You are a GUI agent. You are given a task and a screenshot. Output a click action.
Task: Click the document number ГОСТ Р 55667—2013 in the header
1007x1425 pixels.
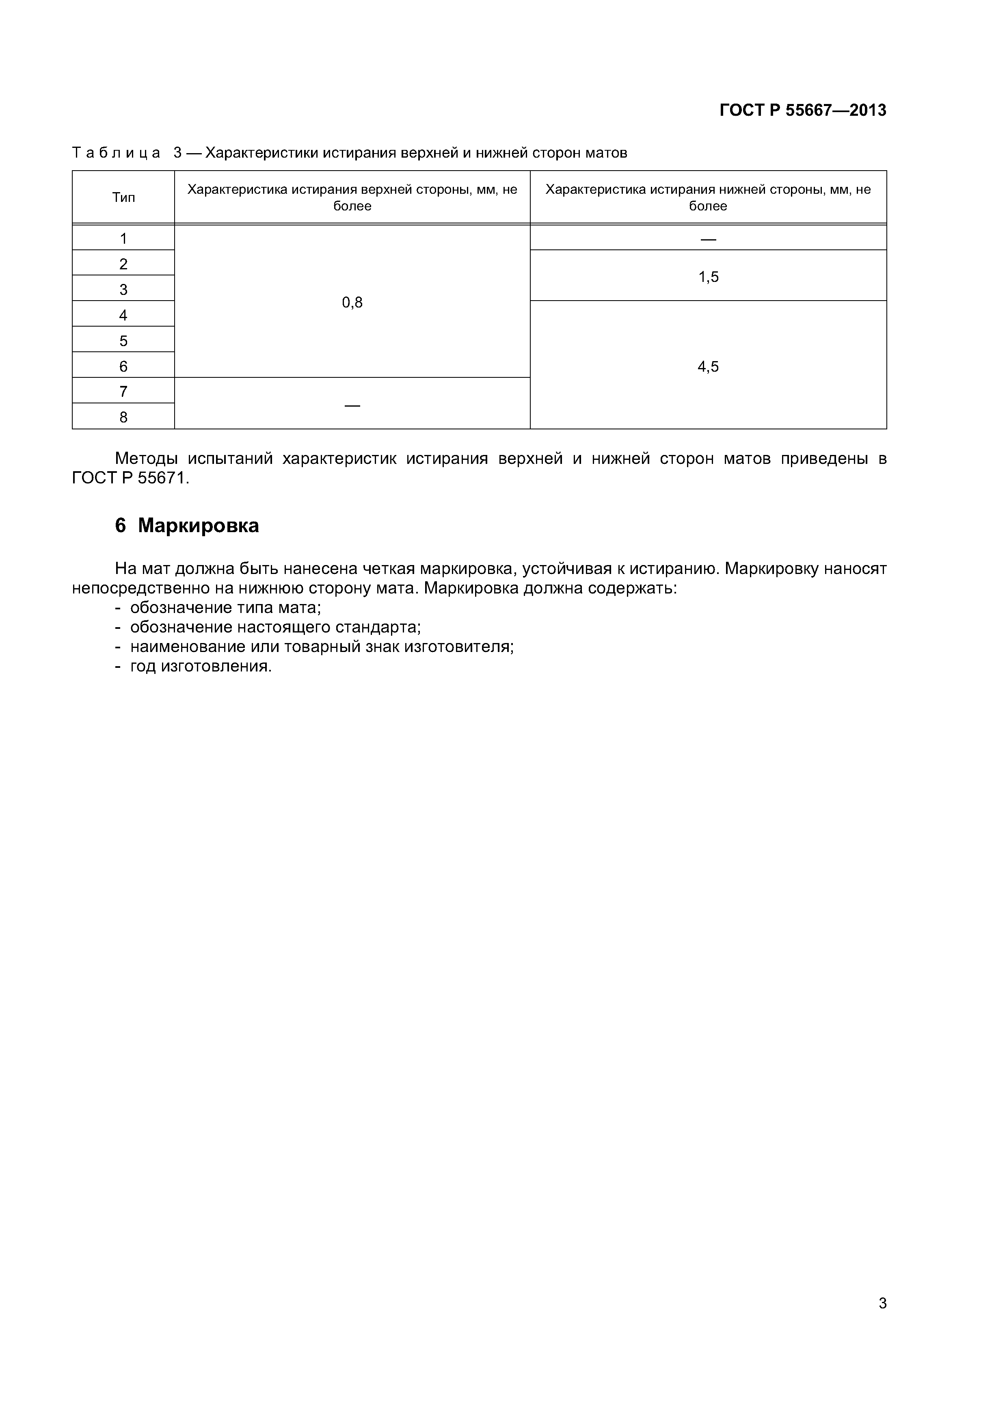pos(802,110)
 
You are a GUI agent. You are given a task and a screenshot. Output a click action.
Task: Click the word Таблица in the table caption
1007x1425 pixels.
pos(116,153)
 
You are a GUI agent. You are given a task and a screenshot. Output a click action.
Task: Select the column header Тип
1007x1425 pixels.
pos(123,197)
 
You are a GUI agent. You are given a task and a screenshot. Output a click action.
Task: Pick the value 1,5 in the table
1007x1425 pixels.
pos(708,277)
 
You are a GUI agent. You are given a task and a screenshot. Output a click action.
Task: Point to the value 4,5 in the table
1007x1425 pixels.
pos(708,367)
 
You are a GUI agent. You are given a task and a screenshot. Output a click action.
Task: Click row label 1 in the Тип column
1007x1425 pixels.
pos(123,238)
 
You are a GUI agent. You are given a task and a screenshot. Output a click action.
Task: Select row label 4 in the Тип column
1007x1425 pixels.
pos(123,315)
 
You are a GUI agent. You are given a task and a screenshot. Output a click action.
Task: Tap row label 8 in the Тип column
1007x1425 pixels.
pos(123,417)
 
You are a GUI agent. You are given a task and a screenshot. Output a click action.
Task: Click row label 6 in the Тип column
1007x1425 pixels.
pos(123,366)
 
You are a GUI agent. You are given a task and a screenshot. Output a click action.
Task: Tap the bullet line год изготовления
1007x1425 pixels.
pos(201,667)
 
